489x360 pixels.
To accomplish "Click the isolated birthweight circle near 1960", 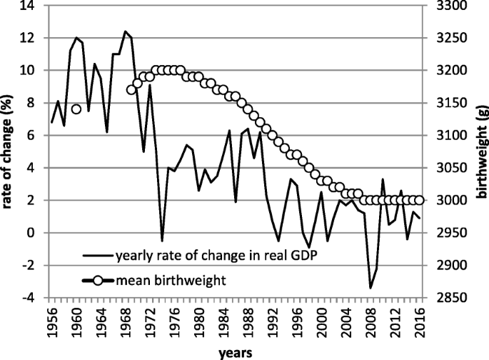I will pos(76,109).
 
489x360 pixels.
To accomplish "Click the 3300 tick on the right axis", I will pos(442,5).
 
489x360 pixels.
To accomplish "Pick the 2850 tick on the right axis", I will pos(442,298).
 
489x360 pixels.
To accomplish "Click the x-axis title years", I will pos(235,351).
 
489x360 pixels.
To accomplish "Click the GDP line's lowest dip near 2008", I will pos(370,288).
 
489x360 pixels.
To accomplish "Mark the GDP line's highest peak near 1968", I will pos(125,31).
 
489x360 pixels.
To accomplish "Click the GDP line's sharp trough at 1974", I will pos(162,241).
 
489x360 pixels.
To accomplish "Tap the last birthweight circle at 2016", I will pos(419,200).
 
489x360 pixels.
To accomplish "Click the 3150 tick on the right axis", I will pos(442,103).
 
